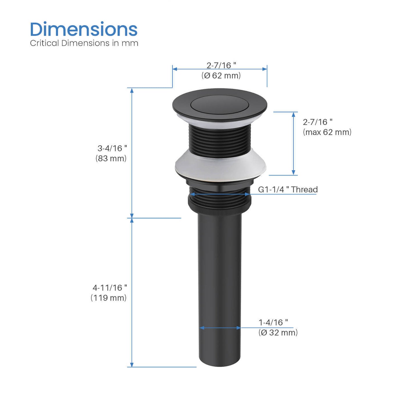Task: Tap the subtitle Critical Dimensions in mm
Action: click(x=84, y=43)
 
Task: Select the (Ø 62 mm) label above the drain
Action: click(x=221, y=76)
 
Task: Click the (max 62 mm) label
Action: click(x=327, y=132)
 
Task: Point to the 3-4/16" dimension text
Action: click(x=112, y=149)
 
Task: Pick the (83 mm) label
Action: click(x=111, y=158)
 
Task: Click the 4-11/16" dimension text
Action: click(x=110, y=288)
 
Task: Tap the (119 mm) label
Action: click(x=108, y=298)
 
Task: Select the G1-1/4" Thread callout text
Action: click(x=288, y=190)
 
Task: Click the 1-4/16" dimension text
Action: click(x=273, y=322)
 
